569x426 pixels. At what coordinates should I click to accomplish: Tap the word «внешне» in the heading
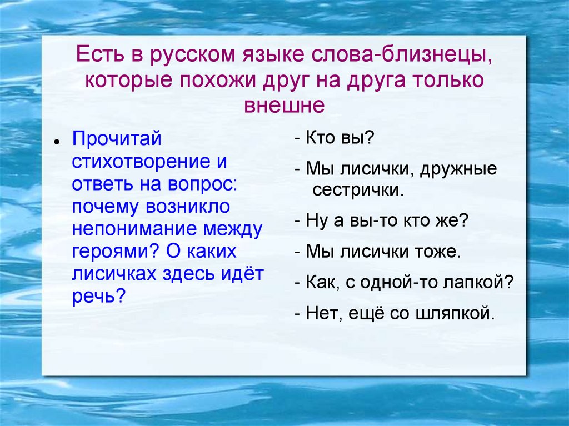[284, 104]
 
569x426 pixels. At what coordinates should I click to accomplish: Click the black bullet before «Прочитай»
[56, 143]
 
